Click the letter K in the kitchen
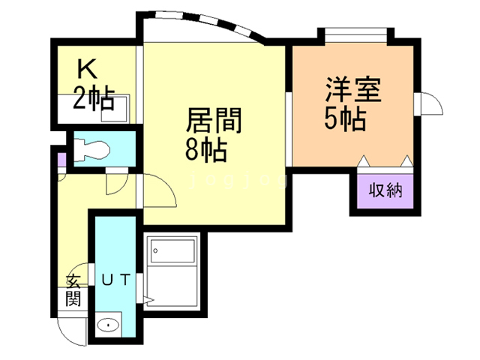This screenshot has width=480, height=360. pyautogui.click(x=88, y=70)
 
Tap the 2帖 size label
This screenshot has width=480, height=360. pyautogui.click(x=94, y=97)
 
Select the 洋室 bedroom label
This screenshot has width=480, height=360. pyautogui.click(x=354, y=90)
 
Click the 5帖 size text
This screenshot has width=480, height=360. pyautogui.click(x=345, y=119)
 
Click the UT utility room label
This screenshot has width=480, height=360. pyautogui.click(x=117, y=280)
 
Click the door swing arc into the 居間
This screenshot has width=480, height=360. pyautogui.click(x=159, y=191)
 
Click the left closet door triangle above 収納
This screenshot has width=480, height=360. pyautogui.click(x=363, y=160)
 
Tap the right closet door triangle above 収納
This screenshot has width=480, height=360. pyautogui.click(x=406, y=160)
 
